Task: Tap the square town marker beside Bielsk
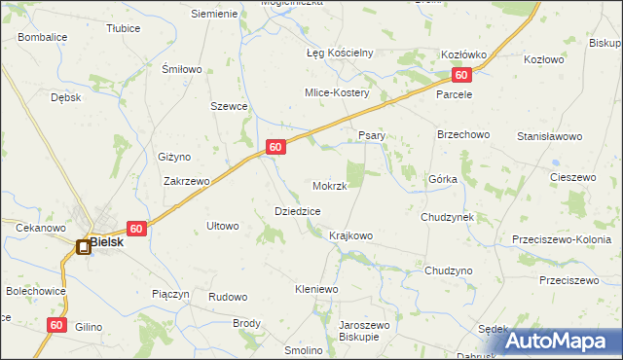coord(84,247)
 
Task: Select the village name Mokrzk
coord(330,186)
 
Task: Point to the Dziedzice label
coord(298,211)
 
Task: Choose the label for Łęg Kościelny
coord(341,53)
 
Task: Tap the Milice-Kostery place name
coord(336,92)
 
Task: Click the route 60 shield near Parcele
coord(461,75)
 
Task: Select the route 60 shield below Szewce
coord(276,147)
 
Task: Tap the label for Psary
coord(373,135)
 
